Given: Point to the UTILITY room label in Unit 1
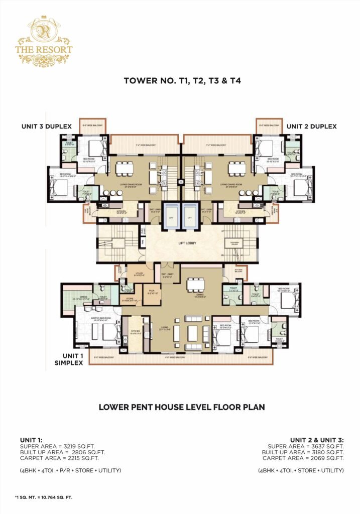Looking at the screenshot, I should click(139, 274).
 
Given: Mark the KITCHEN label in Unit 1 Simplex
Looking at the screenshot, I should click(135, 331).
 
